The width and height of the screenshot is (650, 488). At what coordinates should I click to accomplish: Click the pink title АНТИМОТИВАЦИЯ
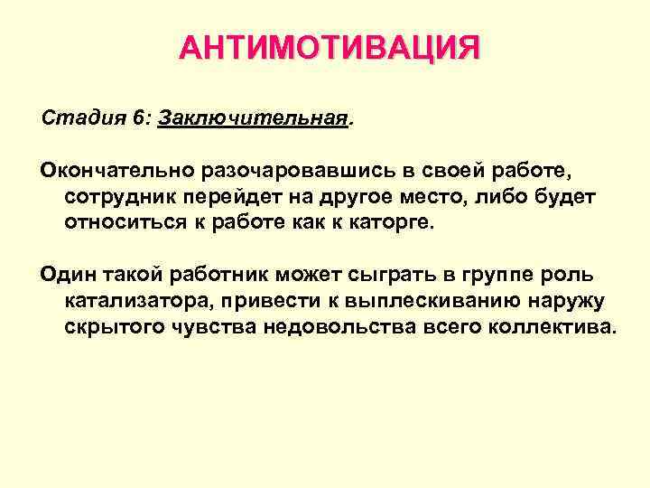(x=330, y=48)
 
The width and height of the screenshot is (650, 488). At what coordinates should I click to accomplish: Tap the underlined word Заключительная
(x=252, y=118)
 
